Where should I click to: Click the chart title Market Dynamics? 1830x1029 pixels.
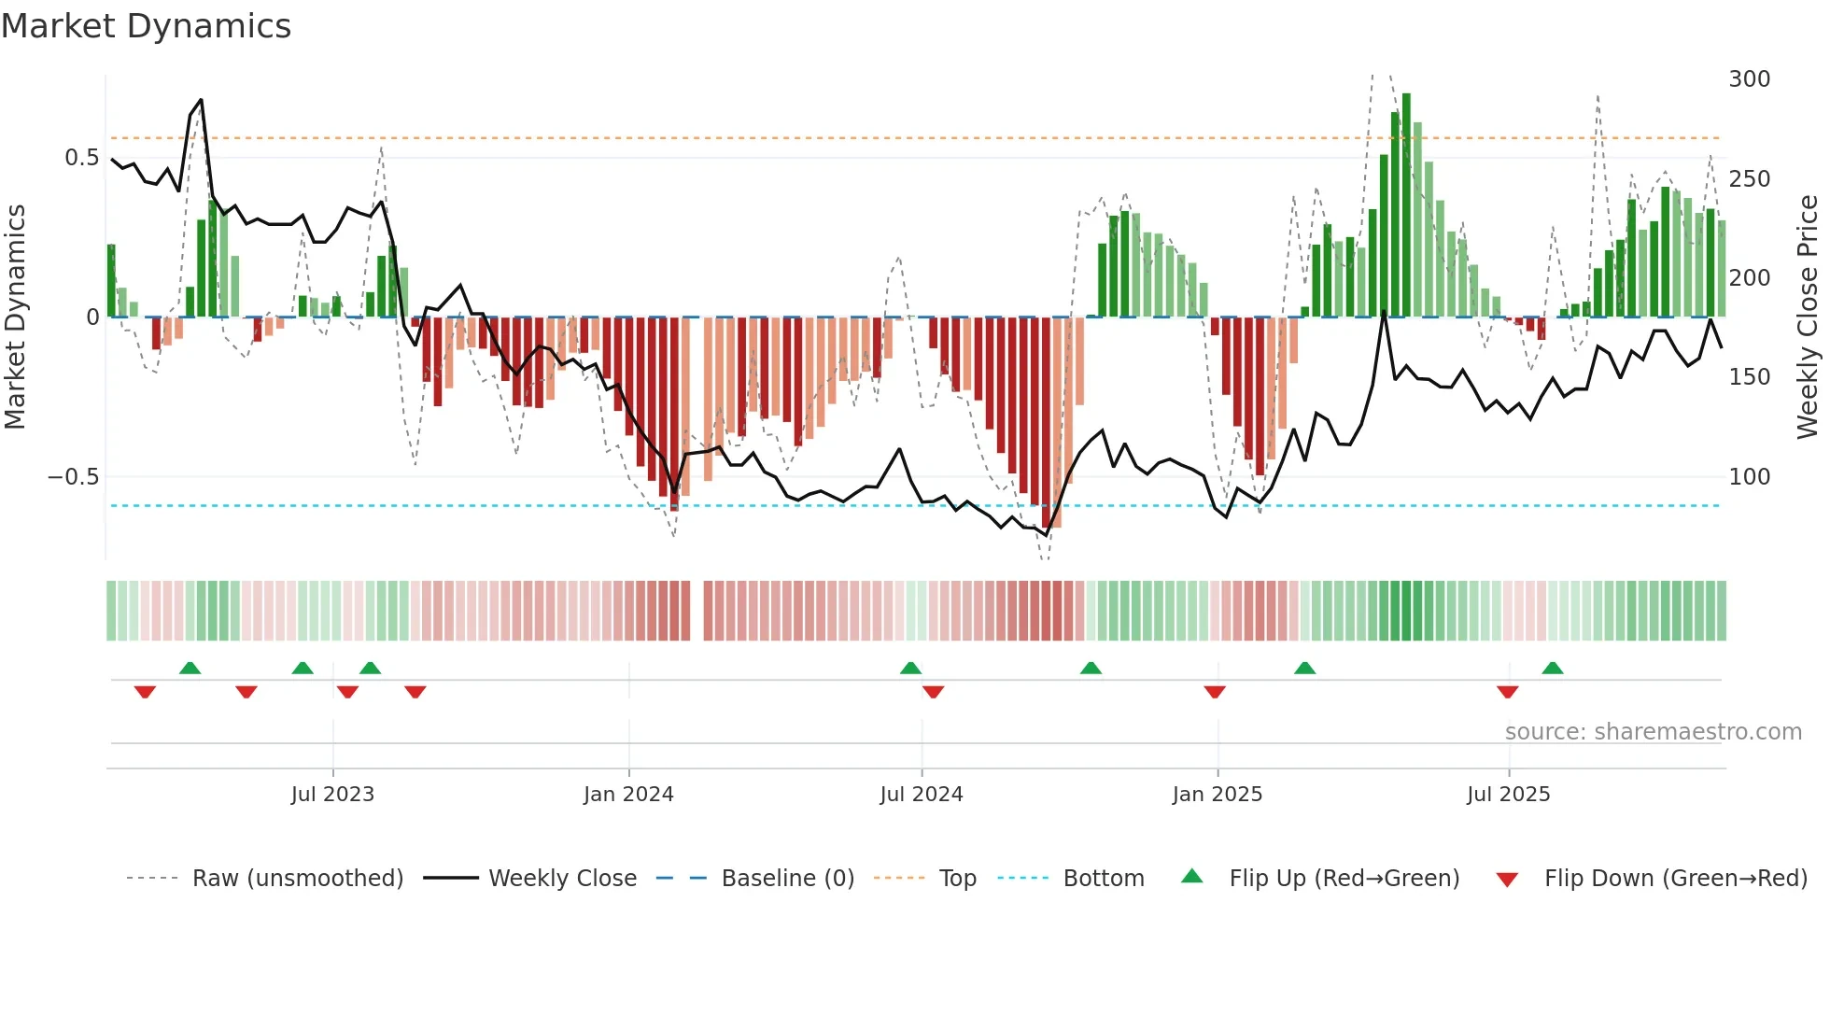pos(147,26)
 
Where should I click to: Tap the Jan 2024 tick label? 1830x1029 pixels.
pos(628,795)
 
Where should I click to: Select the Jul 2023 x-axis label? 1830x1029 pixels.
pos(332,795)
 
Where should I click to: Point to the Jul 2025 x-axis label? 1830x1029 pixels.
pos(1508,795)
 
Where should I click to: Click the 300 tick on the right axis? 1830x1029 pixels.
pos(1749,79)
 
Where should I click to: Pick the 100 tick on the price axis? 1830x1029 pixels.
pos(1749,477)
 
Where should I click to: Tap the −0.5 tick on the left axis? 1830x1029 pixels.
pos(73,477)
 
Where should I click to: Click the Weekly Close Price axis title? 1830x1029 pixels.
pos(1808,317)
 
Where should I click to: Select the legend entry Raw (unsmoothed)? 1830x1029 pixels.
pos(297,879)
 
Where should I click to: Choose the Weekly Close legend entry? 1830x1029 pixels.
pos(562,879)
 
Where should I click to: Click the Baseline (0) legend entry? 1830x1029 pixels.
pos(787,879)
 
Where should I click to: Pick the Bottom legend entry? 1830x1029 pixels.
pos(1104,879)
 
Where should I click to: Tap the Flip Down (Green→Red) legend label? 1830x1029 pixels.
pos(1675,879)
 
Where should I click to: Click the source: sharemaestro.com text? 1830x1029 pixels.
pos(1653,732)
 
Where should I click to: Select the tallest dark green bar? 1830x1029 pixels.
pos(1406,205)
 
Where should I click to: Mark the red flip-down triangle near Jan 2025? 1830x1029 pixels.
pos(1215,692)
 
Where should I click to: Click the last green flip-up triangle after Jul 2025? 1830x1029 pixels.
pos(1553,668)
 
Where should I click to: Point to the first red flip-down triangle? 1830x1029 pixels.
pos(145,692)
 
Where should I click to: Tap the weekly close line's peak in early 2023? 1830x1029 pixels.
pos(201,100)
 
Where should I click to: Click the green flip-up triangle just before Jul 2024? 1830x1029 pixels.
pos(910,668)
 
